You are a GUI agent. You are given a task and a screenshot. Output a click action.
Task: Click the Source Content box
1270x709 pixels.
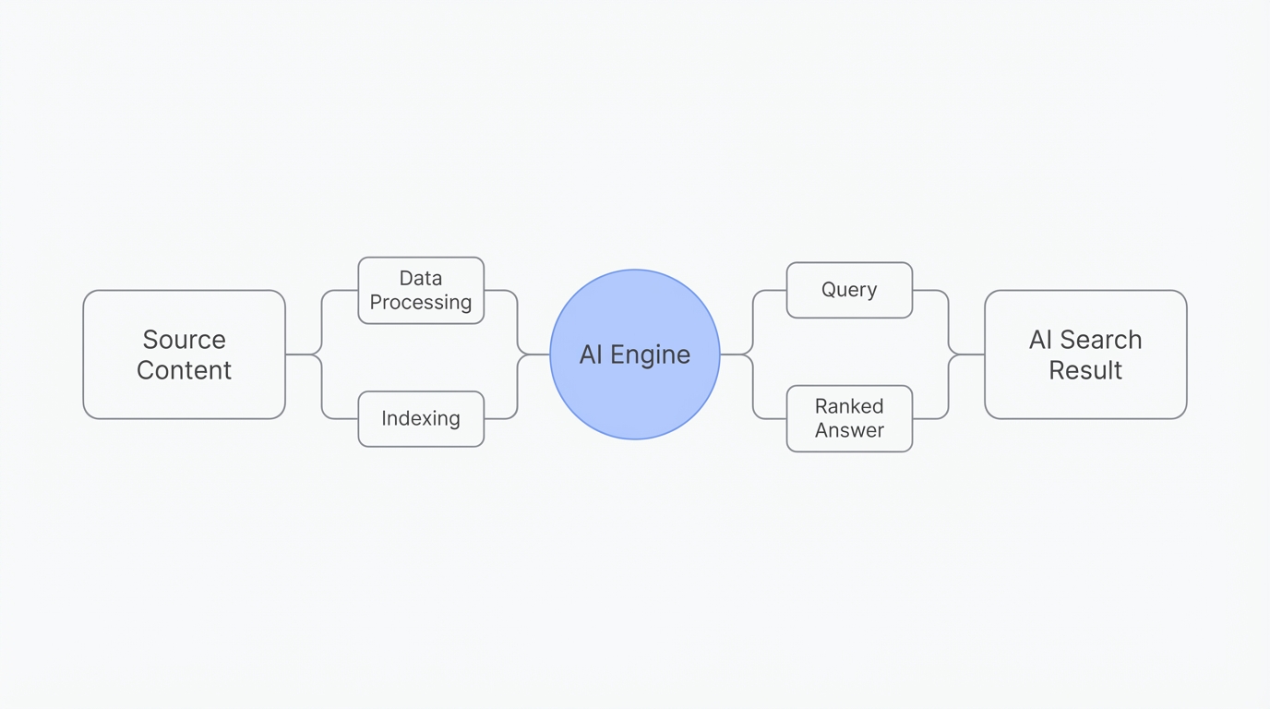[184, 354]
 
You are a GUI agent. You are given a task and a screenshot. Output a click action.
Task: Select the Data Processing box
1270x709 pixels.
[421, 290]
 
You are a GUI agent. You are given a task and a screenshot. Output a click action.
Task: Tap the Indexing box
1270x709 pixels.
[421, 419]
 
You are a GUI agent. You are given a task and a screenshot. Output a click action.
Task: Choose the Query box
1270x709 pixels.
[849, 290]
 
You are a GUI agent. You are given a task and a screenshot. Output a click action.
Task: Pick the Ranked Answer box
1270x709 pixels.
[849, 418]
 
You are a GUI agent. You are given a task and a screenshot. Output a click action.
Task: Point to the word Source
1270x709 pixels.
[184, 340]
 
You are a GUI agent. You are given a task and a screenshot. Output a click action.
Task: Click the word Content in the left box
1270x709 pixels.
[184, 370]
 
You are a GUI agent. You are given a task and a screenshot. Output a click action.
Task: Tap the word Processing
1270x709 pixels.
[421, 303]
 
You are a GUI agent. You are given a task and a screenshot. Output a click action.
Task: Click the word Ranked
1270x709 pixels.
[849, 406]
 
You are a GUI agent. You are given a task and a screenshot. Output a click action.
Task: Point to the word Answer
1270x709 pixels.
[849, 430]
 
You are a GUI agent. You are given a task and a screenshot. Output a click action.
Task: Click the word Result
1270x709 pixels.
[1085, 370]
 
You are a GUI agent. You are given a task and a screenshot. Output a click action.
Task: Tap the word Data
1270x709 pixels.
[421, 278]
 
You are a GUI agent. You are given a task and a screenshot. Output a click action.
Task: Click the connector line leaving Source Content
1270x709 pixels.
[299, 354]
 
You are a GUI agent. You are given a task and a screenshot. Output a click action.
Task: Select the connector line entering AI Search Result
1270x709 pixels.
[969, 354]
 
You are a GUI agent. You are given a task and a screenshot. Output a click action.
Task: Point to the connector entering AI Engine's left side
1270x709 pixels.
[537, 354]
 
